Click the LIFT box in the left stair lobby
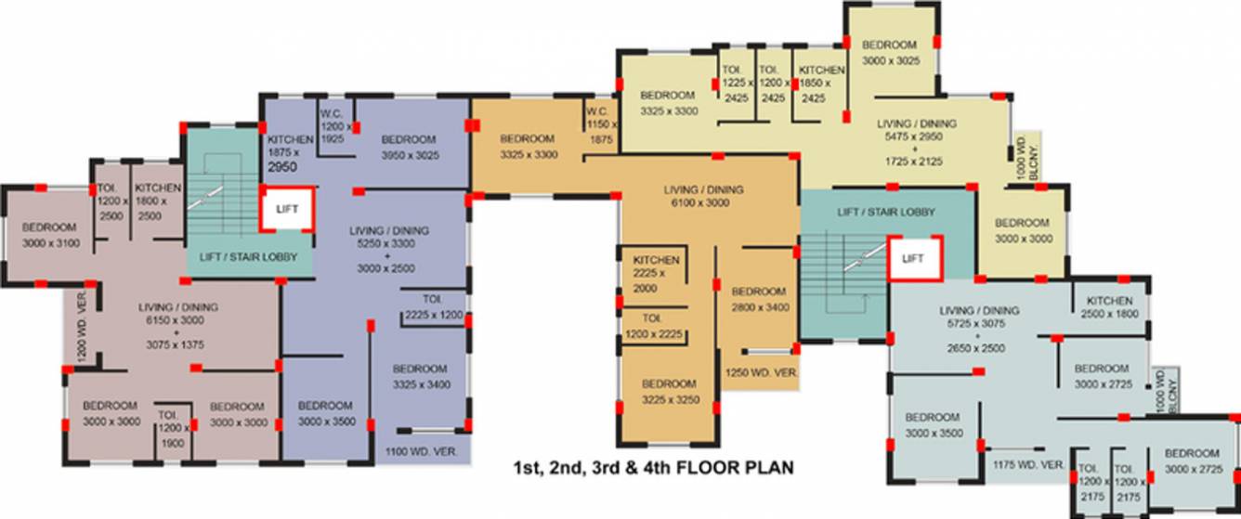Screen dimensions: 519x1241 pos(287,210)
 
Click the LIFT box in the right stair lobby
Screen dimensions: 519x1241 pos(914,259)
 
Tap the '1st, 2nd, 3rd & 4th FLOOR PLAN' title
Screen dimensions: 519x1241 pos(654,468)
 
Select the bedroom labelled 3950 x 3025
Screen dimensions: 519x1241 pos(409,147)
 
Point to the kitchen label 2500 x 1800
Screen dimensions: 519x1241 pos(1110,307)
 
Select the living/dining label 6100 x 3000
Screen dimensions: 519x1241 pos(704,196)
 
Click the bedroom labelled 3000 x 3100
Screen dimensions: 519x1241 pos(50,236)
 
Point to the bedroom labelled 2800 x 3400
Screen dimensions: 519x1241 pos(758,298)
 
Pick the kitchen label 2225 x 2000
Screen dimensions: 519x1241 pos(656,274)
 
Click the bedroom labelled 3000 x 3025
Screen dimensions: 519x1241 pos(889,52)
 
